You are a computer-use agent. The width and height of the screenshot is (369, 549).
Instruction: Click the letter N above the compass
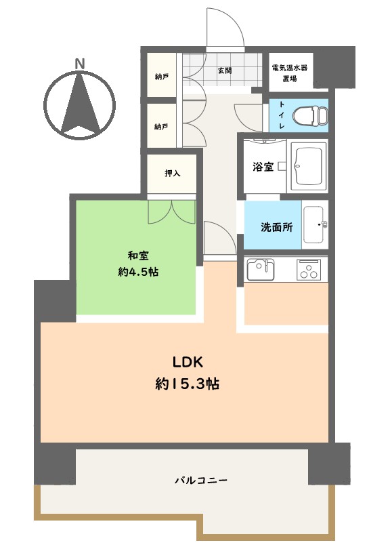pyautogui.click(x=80, y=64)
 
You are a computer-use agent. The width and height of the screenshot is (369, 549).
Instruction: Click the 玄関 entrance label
pyautogui.click(x=225, y=70)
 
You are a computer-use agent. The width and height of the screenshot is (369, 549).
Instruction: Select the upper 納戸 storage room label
pyautogui.click(x=162, y=77)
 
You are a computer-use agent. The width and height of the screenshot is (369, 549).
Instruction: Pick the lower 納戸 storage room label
pyautogui.click(x=161, y=126)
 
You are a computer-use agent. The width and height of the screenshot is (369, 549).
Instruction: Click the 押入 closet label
pyautogui.click(x=173, y=173)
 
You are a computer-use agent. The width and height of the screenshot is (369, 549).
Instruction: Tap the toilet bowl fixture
pyautogui.click(x=310, y=115)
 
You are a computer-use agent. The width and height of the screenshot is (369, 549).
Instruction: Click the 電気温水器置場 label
pyautogui.click(x=290, y=73)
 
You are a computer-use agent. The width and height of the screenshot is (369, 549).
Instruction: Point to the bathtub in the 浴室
pyautogui.click(x=307, y=166)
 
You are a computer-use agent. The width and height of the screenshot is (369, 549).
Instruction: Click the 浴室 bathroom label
pyautogui.click(x=263, y=166)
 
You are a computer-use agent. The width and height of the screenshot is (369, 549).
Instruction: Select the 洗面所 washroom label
pyautogui.click(x=277, y=227)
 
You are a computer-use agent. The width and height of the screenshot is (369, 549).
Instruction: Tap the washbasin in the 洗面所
pyautogui.click(x=314, y=225)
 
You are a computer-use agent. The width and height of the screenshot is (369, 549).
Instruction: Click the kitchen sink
pyautogui.click(x=261, y=269)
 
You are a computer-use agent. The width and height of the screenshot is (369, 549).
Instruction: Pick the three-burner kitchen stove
pyautogui.click(x=309, y=270)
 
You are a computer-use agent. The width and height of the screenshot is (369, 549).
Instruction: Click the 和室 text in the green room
pyautogui.click(x=138, y=256)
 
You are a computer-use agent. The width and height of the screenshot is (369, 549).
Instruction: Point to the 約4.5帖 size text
pyautogui.click(x=138, y=272)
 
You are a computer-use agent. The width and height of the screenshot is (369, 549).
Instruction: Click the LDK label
pyautogui.click(x=188, y=363)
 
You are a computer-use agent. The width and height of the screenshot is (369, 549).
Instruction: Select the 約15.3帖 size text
pyautogui.click(x=188, y=384)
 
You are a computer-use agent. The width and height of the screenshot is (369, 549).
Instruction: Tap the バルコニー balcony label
pyautogui.click(x=201, y=480)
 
